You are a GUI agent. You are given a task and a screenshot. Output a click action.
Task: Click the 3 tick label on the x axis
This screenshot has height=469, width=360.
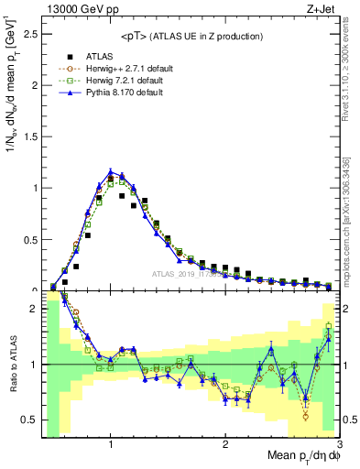339,442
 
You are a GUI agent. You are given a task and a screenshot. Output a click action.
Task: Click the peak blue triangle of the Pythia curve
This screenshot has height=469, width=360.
110,171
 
